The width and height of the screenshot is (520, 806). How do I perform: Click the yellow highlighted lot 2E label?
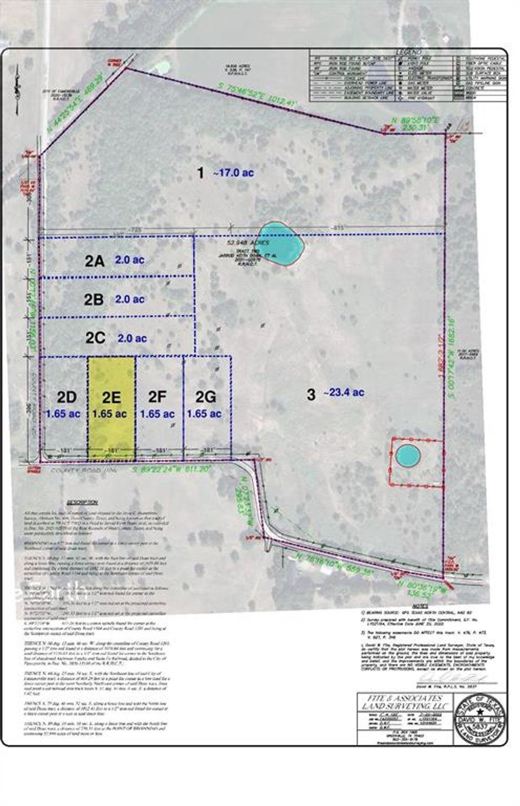point(112,395)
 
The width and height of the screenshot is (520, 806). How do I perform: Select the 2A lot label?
point(95,261)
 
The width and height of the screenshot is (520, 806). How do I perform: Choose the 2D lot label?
point(66,395)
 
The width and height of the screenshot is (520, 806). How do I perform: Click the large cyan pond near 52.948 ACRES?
point(281,243)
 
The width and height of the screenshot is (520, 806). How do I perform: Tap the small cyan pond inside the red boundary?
point(408,455)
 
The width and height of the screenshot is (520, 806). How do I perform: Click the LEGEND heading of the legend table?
point(408,53)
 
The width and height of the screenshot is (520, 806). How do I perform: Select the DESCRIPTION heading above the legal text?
point(83,499)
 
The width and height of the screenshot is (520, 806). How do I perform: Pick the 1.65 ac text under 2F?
point(157,414)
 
